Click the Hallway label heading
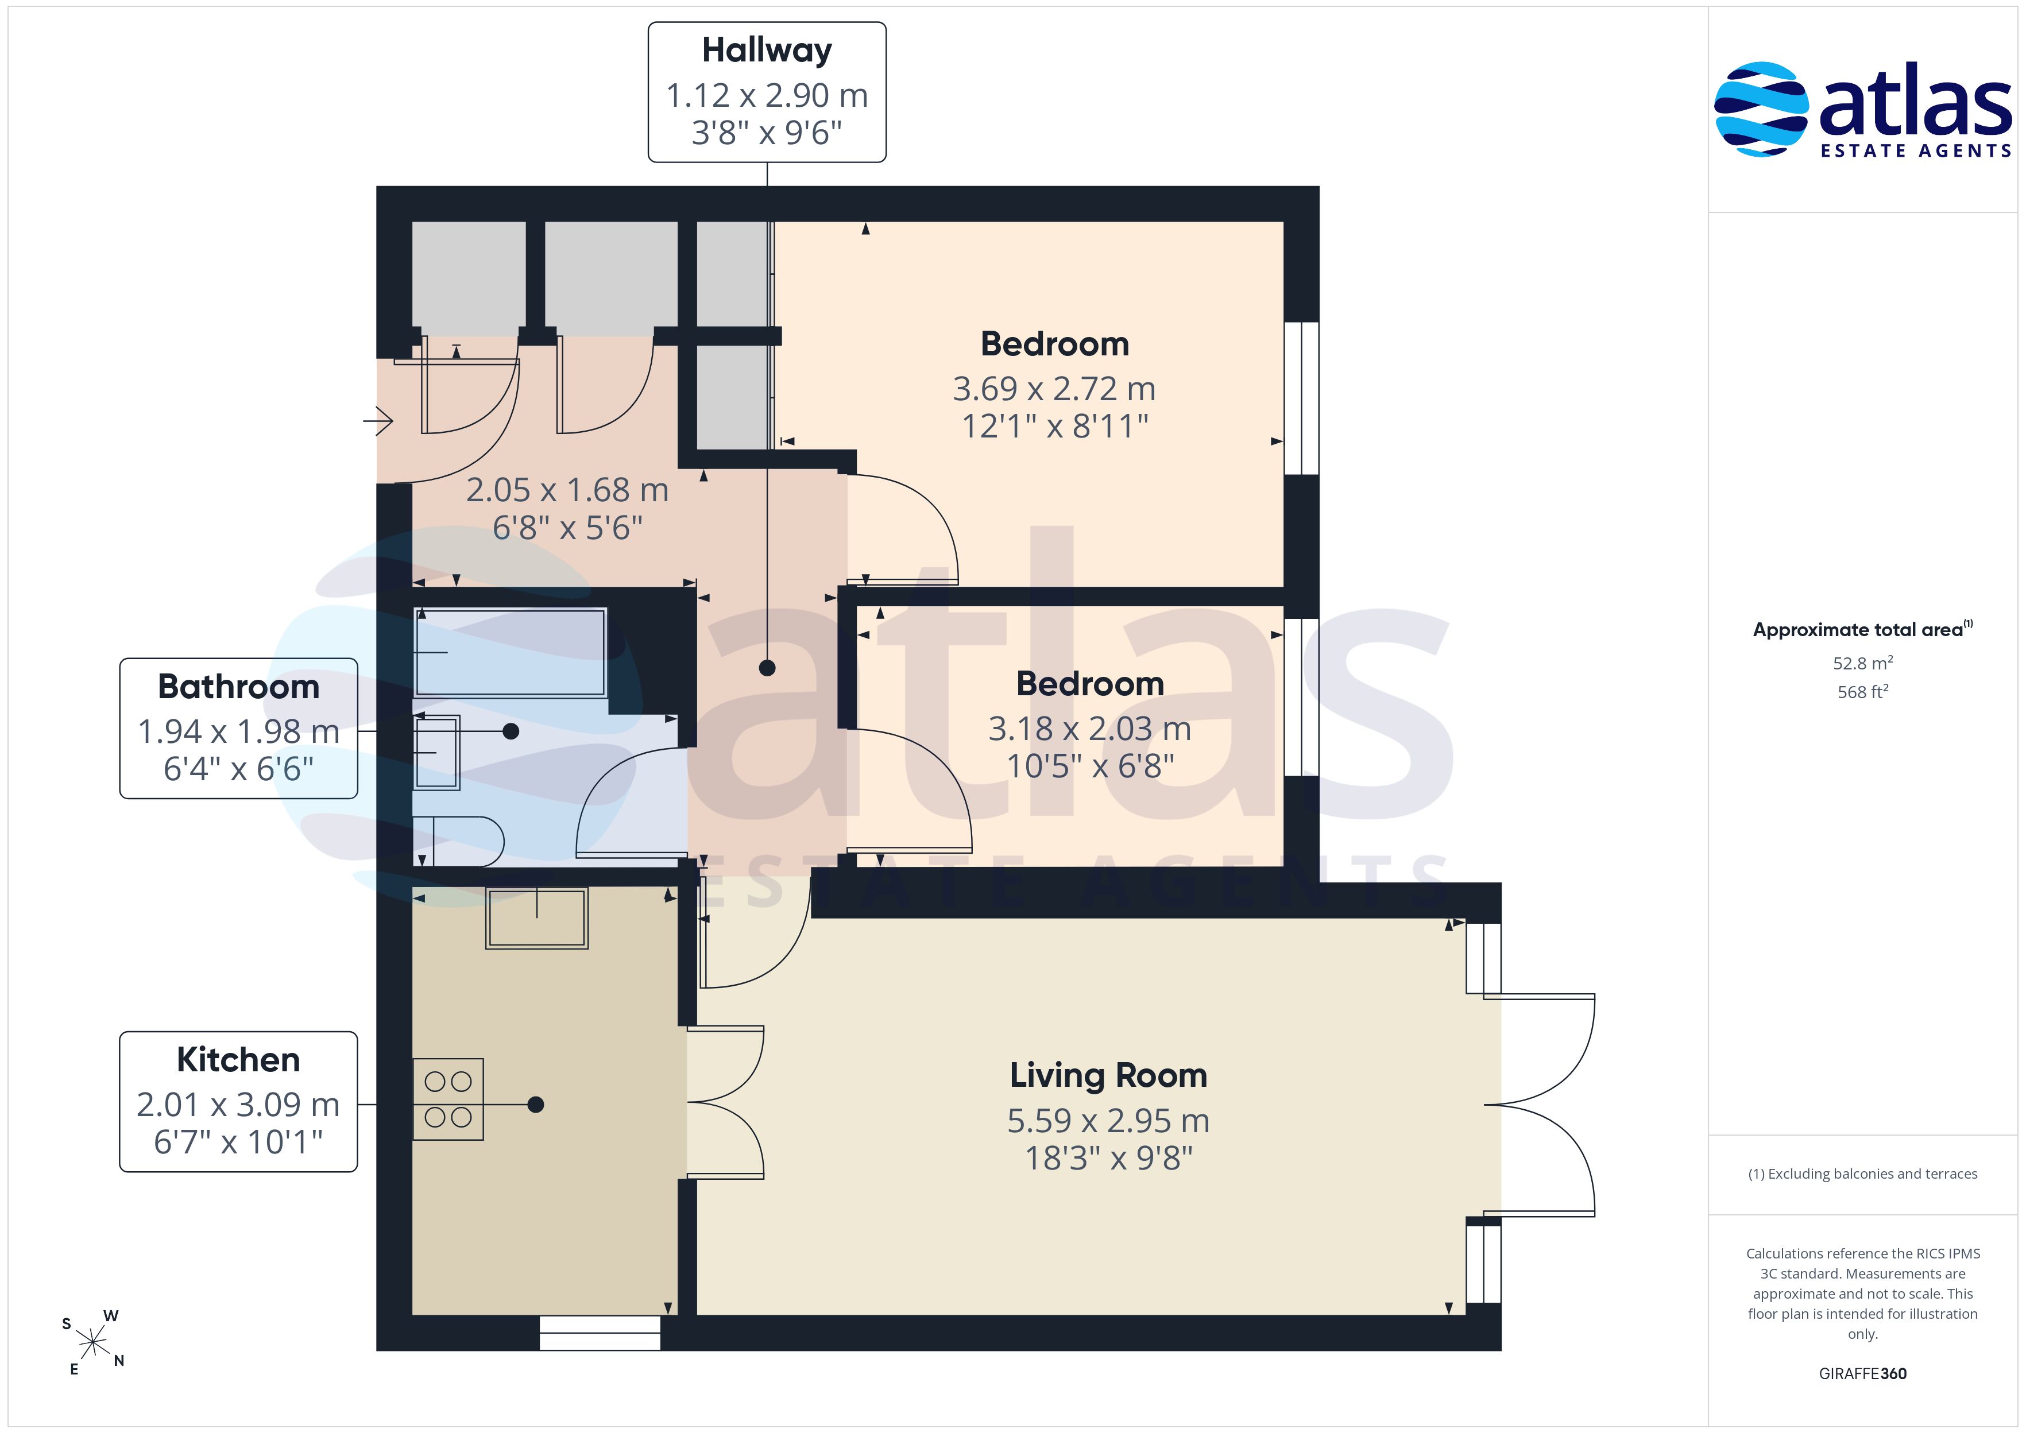coord(767,51)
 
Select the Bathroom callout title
coord(238,687)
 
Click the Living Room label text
coord(1108,1076)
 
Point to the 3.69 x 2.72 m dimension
coord(1054,388)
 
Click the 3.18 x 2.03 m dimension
coord(1090,729)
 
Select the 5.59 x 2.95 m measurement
coord(1108,1121)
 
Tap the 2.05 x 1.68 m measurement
coord(567,490)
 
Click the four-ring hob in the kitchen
coord(448,1099)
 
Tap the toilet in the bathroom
coord(459,842)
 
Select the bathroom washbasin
coord(437,752)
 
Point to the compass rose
coord(92,1343)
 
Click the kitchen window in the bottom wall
coord(600,1333)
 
